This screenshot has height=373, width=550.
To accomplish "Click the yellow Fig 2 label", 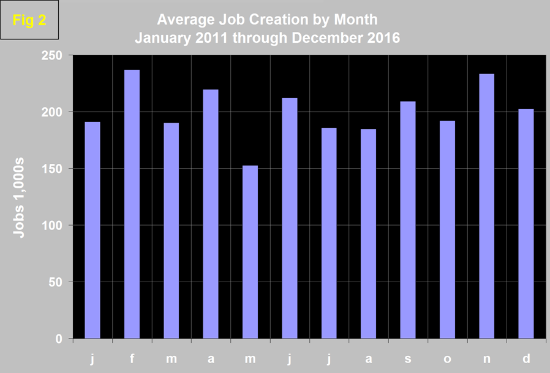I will click(x=29, y=20).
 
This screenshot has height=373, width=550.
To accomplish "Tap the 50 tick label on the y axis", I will click(x=57, y=282).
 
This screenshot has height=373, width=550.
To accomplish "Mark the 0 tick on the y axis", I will click(x=60, y=339).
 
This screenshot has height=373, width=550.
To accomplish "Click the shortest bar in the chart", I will click(x=250, y=252).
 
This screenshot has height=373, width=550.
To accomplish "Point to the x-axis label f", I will click(x=132, y=359).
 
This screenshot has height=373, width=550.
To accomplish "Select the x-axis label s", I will click(x=408, y=359).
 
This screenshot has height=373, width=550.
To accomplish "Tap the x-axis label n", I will click(x=486, y=359).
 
